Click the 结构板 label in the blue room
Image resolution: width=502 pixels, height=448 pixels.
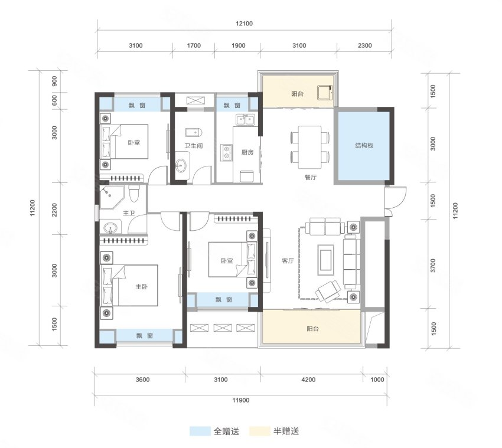[364, 146]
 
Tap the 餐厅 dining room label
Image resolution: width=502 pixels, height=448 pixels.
[311, 177]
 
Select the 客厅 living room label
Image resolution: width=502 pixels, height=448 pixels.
[288, 261]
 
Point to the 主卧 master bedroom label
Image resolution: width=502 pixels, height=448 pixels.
[142, 286]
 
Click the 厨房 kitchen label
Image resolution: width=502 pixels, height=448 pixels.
[247, 152]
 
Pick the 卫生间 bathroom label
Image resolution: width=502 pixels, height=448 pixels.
[194, 146]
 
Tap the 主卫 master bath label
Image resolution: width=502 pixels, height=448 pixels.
[129, 213]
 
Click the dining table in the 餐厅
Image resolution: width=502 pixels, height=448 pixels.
[310, 147]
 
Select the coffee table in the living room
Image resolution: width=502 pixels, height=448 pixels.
[325, 260]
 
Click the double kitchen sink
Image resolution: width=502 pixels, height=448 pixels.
[246, 120]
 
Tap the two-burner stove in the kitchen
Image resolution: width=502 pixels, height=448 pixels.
[227, 152]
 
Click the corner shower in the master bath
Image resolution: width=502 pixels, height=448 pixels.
[110, 197]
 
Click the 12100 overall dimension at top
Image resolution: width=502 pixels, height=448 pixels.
[245, 24]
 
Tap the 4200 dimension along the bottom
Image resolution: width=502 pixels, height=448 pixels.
[308, 380]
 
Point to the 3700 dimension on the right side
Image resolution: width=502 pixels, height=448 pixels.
[433, 266]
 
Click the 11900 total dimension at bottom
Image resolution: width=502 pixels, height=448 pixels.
[241, 400]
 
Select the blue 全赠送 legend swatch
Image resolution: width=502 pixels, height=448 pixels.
[200, 431]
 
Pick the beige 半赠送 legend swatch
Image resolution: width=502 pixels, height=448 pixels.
[260, 431]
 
